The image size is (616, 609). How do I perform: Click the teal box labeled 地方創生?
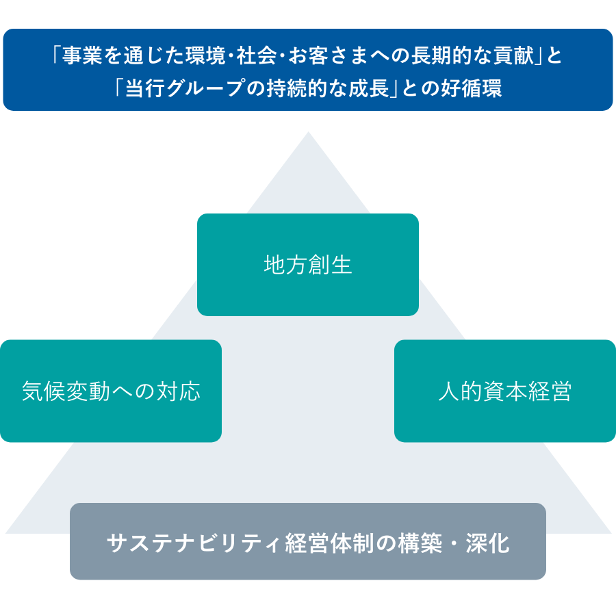click(307, 265)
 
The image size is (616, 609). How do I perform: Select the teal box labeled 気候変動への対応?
click(111, 391)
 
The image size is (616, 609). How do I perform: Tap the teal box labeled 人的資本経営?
click(504, 391)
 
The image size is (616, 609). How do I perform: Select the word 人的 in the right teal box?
click(459, 392)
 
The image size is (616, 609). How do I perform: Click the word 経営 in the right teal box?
click(550, 392)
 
